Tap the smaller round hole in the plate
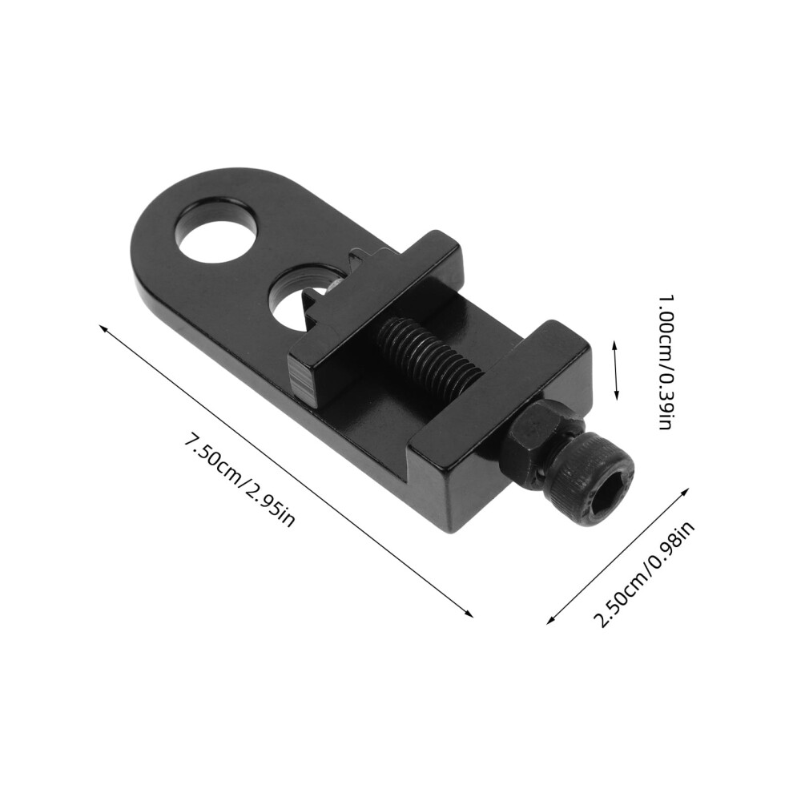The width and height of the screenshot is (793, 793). coord(299,300)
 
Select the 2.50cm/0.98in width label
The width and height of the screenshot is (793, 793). coord(644,574)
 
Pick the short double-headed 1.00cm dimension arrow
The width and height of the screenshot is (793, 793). coord(615,370)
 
